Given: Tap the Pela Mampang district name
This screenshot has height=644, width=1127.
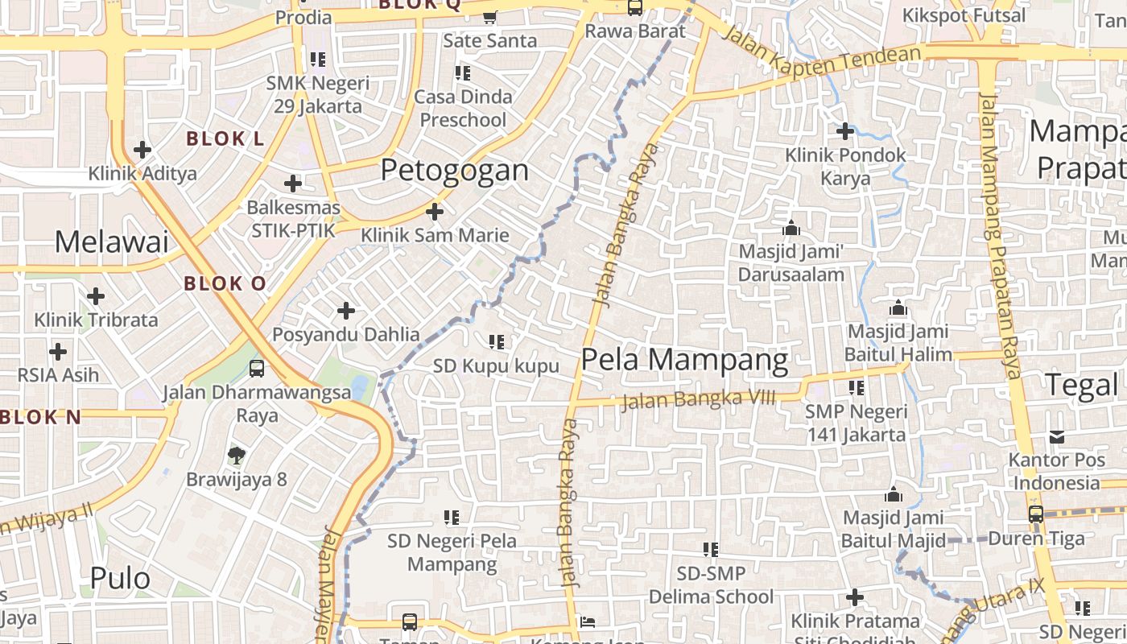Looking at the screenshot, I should [x=684, y=360].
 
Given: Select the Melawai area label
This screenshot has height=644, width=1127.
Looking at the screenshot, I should [x=112, y=242].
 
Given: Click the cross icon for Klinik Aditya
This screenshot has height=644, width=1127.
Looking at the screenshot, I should [x=142, y=150].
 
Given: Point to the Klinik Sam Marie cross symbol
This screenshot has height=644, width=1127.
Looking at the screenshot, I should [x=435, y=212].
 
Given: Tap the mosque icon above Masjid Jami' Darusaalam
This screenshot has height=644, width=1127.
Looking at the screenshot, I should [x=791, y=228].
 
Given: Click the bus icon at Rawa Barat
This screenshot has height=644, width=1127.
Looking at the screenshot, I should [x=635, y=8].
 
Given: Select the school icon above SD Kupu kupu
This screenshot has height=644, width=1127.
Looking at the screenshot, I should [x=497, y=342].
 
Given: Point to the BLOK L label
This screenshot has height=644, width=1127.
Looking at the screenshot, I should [x=225, y=138].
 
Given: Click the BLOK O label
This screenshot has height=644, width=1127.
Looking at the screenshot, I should [x=225, y=283].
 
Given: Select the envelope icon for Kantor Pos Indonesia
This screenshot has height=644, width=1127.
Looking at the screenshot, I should [x=1056, y=437].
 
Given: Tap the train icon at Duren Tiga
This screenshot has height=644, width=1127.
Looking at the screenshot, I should [x=1036, y=514].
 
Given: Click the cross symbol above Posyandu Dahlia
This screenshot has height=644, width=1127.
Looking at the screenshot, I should [x=346, y=311].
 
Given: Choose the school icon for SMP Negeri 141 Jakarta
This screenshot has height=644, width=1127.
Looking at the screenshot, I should [x=857, y=388].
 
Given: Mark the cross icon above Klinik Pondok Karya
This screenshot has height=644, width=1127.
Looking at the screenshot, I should [x=845, y=130].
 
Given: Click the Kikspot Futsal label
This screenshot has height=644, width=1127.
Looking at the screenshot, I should [x=964, y=15].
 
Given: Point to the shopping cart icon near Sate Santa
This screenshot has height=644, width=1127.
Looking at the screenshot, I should [x=489, y=16].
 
